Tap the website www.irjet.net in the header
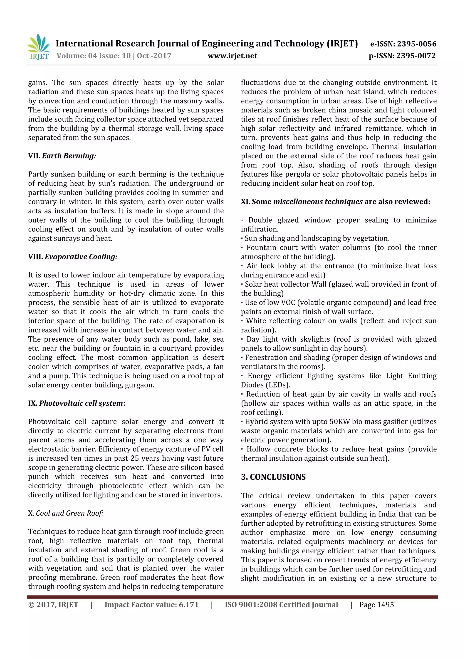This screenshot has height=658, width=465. [232, 56]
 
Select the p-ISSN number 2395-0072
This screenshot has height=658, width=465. [416, 56]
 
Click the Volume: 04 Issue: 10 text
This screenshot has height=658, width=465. [94, 56]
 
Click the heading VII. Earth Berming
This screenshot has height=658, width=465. [62, 156]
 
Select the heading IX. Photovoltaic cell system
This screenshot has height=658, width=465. [77, 403]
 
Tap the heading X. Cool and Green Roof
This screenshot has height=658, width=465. [66, 513]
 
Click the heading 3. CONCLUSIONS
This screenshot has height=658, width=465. [273, 477]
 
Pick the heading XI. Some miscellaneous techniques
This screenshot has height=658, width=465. [335, 202]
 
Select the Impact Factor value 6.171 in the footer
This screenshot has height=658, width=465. [188, 605]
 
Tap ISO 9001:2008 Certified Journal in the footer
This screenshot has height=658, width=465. [281, 605]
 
